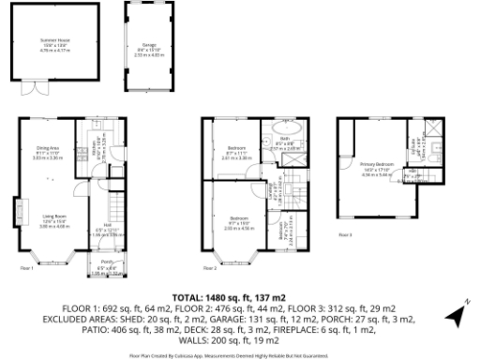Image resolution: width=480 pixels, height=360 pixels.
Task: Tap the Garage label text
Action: pyautogui.click(x=148, y=44)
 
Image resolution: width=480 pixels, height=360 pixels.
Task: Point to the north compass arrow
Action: pyautogui.click(x=455, y=317)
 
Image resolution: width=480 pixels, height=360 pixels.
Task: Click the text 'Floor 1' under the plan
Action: pyautogui.click(x=26, y=269)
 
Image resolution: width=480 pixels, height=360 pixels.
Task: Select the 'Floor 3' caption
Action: pyautogui.click(x=345, y=234)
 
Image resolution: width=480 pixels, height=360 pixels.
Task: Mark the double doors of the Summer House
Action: pyautogui.click(x=37, y=89)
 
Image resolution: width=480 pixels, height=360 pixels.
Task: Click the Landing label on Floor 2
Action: pyautogui.click(x=273, y=194)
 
